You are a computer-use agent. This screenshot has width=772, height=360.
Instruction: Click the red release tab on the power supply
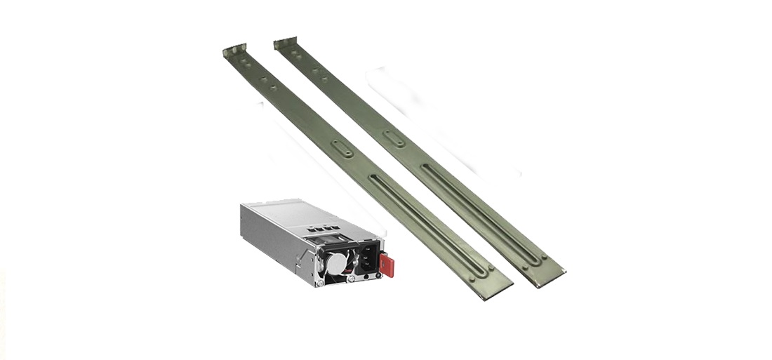click(387, 265)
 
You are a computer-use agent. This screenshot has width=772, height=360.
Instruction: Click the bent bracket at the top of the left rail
click(234, 51)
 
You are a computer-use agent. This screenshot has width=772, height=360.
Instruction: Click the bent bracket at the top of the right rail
click(285, 44)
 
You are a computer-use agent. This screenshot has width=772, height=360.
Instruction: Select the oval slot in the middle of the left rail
click(342, 148)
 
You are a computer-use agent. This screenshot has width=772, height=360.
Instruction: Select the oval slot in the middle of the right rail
click(394, 138)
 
